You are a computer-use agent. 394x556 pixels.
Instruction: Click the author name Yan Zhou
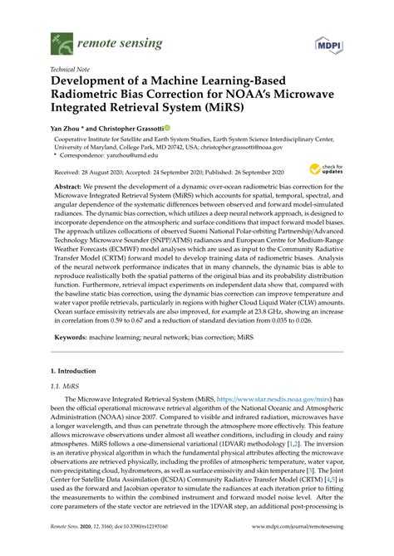tap(69, 129)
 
